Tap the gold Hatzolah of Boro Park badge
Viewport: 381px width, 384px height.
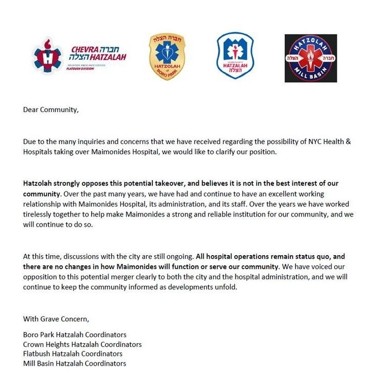167,57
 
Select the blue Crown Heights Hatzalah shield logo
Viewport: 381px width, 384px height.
235,56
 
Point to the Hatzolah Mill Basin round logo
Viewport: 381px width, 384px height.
311,58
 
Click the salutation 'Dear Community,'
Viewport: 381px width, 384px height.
51,109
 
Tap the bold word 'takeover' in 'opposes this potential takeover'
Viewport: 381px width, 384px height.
152,183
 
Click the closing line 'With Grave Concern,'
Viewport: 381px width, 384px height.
56,319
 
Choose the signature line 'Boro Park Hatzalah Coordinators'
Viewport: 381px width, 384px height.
75,335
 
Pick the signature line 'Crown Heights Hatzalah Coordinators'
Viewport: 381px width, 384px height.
83,344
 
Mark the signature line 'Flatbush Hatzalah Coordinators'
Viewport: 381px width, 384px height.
73,354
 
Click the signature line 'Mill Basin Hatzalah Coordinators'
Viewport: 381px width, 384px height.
74,364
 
